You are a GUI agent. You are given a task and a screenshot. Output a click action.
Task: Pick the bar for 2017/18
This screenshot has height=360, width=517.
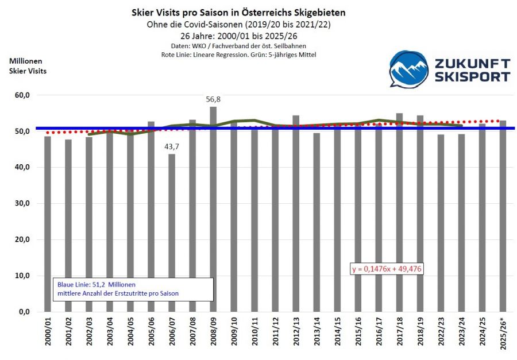click(399, 212)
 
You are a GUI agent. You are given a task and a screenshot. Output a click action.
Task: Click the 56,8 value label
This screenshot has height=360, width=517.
click(213, 99)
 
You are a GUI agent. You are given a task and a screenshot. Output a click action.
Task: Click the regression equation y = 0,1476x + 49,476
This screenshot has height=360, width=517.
click(387, 269)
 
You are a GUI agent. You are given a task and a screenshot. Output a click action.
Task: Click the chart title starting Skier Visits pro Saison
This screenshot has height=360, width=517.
click(238, 12)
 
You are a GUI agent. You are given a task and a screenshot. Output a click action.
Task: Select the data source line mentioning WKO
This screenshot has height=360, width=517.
click(238, 45)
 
